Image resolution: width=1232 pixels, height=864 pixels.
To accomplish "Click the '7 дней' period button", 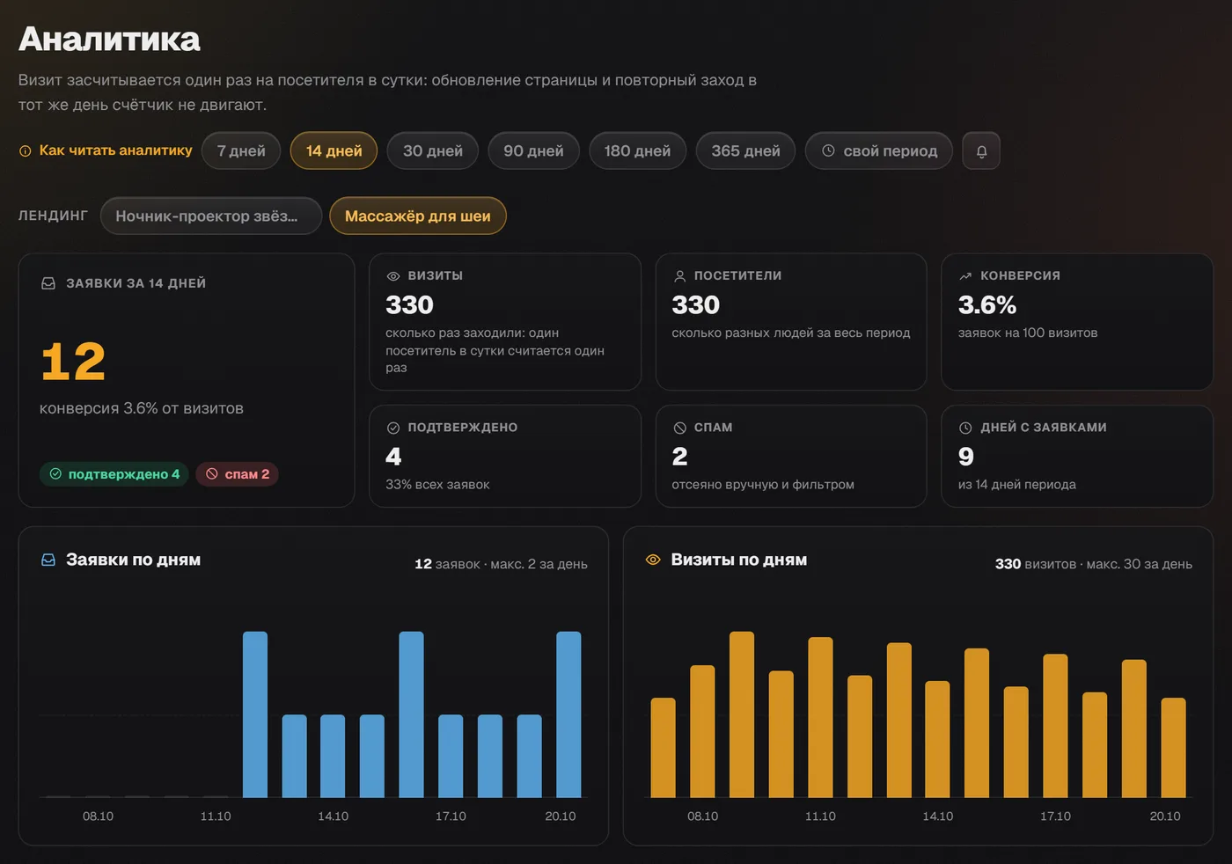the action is coord(241,150).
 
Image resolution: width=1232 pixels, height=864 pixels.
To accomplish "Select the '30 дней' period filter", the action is coord(433,150).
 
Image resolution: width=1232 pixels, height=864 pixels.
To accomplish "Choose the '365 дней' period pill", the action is coord(745,150).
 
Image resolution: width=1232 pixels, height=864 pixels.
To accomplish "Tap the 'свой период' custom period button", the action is coord(879,150).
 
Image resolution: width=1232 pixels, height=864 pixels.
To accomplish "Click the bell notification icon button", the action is coord(981,150).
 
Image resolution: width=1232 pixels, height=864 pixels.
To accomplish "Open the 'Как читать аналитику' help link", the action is coord(106,150).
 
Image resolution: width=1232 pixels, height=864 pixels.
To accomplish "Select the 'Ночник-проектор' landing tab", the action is coord(211,216).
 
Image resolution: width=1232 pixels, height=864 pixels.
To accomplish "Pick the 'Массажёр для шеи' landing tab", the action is coord(417,216).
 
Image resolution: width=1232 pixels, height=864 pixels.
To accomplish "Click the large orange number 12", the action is coord(72,362).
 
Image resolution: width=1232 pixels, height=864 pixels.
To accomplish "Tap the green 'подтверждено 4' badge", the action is coord(114,474).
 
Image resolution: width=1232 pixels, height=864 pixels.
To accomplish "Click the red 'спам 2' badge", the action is coord(237,474).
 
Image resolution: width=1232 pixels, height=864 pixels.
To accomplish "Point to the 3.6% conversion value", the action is coord(987,304).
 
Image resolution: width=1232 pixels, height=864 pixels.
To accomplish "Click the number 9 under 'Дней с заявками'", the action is coord(966,457).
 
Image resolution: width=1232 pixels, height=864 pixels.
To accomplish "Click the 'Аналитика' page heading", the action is coord(109,39).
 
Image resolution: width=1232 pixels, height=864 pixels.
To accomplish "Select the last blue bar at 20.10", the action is coord(568,714).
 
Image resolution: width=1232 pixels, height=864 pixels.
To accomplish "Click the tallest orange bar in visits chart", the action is coord(741,714).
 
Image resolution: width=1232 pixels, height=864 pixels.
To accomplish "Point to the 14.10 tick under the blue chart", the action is coord(333,816).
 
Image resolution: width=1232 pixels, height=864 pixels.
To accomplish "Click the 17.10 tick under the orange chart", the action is coord(1055,816).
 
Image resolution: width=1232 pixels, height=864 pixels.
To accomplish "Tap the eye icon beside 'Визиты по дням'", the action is coord(653,560).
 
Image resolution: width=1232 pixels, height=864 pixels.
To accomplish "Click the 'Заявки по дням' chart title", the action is coord(133,560).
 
